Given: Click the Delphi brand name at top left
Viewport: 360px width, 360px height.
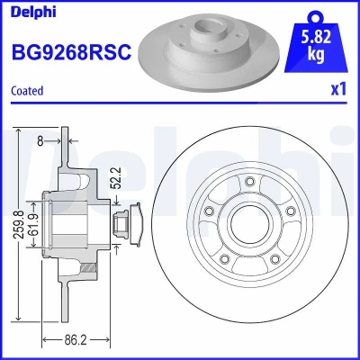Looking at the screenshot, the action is click(33, 13).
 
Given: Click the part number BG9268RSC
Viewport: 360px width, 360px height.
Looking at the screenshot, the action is click(71, 51).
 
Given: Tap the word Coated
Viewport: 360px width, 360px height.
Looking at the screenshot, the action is click(27, 91).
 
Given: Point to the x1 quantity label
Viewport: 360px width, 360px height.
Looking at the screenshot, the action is click(338, 89).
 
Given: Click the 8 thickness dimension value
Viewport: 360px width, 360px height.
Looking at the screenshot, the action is click(40, 141).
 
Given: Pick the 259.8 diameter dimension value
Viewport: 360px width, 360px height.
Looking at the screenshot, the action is click(20, 224).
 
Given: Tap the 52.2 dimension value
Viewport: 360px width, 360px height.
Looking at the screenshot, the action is click(116, 177).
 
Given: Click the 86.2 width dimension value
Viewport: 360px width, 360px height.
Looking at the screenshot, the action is click(76, 340).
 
